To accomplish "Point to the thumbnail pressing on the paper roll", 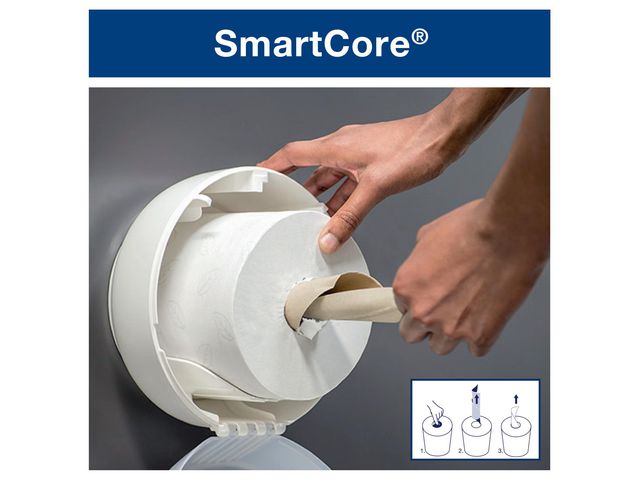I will coord(326,241).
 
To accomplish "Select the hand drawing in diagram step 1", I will coord(437,410).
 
